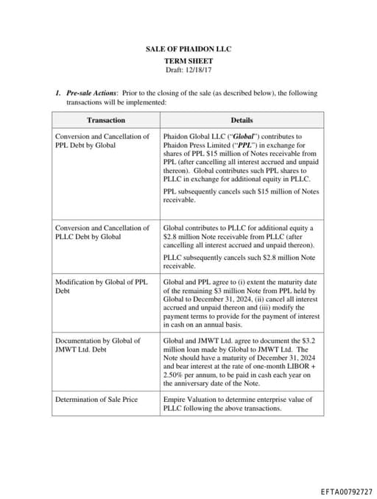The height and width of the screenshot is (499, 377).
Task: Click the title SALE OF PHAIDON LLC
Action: (x=188, y=48)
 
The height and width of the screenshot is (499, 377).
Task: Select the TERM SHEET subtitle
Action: (x=188, y=61)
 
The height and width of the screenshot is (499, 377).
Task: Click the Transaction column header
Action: (x=106, y=120)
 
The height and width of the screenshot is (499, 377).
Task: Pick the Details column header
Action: (x=242, y=120)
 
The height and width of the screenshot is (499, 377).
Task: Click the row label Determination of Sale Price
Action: (x=96, y=400)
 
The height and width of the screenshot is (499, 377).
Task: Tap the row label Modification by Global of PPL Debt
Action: (x=102, y=286)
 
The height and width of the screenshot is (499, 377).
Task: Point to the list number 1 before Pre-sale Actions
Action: (x=57, y=93)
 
